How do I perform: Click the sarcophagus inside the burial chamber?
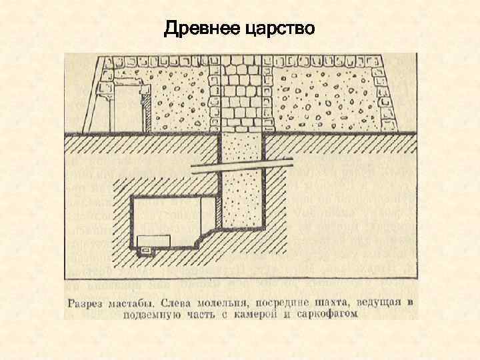152,241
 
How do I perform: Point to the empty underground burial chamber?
173,217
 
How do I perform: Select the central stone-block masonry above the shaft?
242,93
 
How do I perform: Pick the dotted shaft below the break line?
243,200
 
